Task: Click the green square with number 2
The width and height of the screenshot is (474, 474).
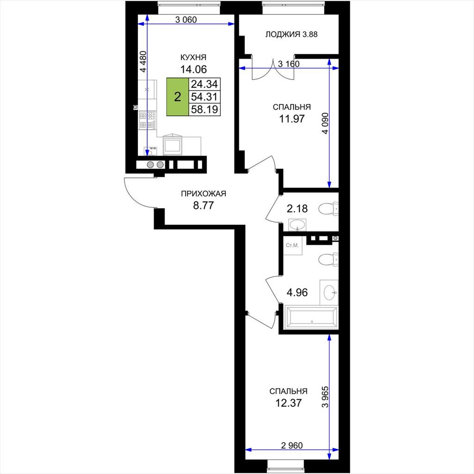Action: [x=178, y=97]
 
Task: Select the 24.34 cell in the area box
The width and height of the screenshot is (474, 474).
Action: [x=204, y=84]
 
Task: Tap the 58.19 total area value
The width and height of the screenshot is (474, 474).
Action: [x=204, y=109]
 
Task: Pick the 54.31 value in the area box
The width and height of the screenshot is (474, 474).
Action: [x=204, y=97]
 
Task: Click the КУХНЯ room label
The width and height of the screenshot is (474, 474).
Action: [x=193, y=57]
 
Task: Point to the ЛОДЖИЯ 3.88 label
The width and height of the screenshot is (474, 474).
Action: [x=292, y=34]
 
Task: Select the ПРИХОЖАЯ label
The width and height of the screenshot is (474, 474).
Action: [x=204, y=194]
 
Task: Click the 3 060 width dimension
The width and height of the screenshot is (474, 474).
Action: [x=186, y=20]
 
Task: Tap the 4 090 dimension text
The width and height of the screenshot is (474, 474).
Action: [x=325, y=123]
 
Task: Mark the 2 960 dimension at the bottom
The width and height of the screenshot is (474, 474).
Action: [x=292, y=445]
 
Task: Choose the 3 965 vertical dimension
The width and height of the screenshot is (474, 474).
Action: [x=325, y=397]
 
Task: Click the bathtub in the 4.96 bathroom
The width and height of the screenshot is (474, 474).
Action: [x=311, y=317]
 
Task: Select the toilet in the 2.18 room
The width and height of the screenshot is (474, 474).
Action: [x=328, y=209]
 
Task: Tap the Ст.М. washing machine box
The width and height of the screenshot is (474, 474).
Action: [x=293, y=245]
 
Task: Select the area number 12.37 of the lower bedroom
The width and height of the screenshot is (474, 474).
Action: [x=288, y=403]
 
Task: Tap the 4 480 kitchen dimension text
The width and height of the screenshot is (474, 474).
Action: [x=143, y=62]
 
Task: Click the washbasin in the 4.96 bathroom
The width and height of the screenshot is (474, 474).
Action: [x=329, y=293]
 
